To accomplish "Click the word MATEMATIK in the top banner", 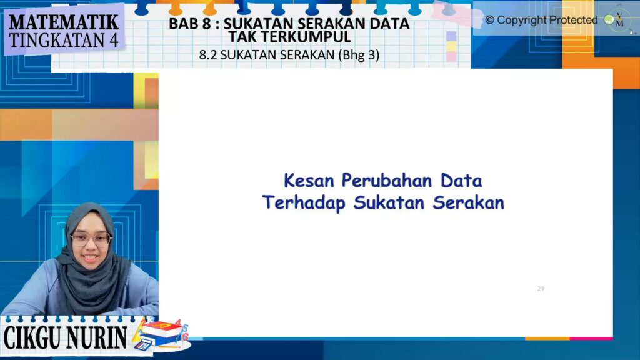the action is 64,22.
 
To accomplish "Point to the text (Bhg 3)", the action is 359,55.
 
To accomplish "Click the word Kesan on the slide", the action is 308,181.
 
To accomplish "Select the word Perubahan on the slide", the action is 386,181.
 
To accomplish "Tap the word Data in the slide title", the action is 461,181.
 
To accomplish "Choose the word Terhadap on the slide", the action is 303,203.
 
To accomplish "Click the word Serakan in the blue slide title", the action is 469,202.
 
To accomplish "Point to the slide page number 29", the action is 541,289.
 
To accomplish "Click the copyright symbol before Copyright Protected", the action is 489,20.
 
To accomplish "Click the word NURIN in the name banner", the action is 97,338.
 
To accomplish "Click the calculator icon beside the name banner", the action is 144,343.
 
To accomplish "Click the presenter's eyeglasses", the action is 91,239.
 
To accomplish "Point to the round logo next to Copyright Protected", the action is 609,19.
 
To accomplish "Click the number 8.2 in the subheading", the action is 207,55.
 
